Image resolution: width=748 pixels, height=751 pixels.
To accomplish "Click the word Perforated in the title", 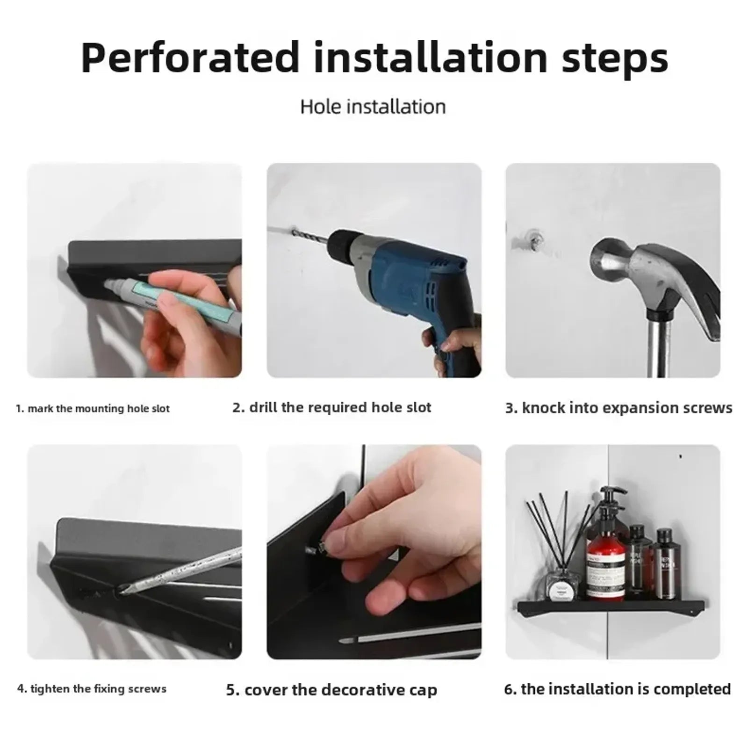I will click(x=189, y=58).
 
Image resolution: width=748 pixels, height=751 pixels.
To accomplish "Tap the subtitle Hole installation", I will click(x=373, y=107).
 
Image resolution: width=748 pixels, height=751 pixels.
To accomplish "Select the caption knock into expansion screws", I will click(x=619, y=408).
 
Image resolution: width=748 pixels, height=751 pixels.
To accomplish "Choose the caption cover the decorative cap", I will click(x=331, y=690).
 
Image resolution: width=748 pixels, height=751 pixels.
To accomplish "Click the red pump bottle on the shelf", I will click(x=605, y=561).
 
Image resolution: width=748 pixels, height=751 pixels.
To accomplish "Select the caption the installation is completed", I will click(x=617, y=689).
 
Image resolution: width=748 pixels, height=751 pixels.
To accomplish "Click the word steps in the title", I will click(x=615, y=58).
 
